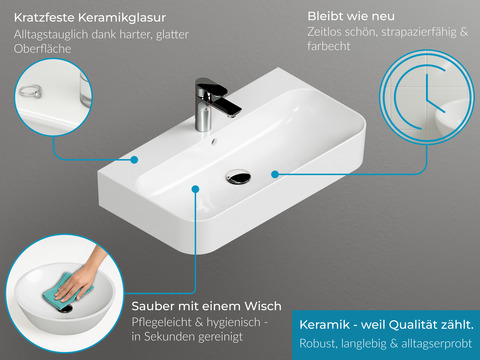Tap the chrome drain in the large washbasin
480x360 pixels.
(238, 177)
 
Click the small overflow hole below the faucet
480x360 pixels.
(214, 142)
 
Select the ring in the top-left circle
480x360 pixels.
(30, 91)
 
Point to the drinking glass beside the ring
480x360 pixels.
(85, 89)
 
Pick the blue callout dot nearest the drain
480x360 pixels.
(275, 174)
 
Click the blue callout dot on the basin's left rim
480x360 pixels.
(134, 160)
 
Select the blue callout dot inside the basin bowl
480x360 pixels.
(196, 189)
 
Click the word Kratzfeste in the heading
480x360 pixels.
(44, 18)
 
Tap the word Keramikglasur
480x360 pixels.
(122, 18)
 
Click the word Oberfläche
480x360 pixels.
(43, 49)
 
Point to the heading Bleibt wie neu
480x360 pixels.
(351, 16)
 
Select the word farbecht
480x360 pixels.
(329, 46)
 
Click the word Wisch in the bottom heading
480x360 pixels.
(263, 306)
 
